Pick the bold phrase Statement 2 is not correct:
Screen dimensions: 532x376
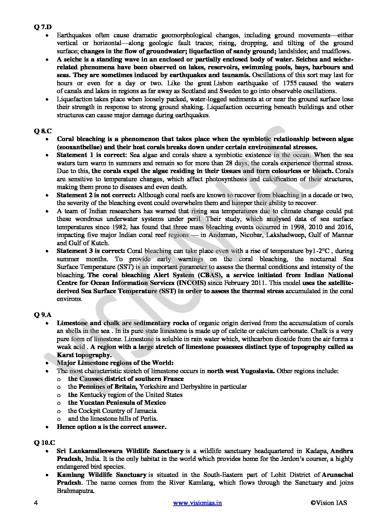(x=96, y=195)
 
